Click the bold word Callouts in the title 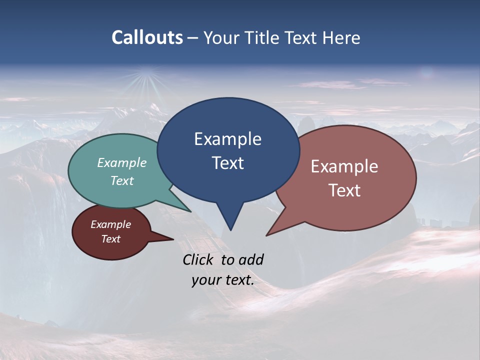coord(147,37)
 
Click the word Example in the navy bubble coord(227,139)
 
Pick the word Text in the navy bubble coord(227,163)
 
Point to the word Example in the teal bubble coord(122,162)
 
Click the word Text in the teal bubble coord(122,180)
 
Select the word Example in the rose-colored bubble coord(344,166)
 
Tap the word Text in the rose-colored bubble coord(344,190)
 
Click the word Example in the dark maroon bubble coord(110,224)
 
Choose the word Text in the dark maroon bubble coord(110,239)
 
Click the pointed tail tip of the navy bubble coord(230,229)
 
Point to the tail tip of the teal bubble coord(190,211)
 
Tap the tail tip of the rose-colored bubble coord(267,235)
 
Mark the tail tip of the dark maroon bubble coord(172,239)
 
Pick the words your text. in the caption coord(223,280)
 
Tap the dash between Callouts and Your coord(193,38)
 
